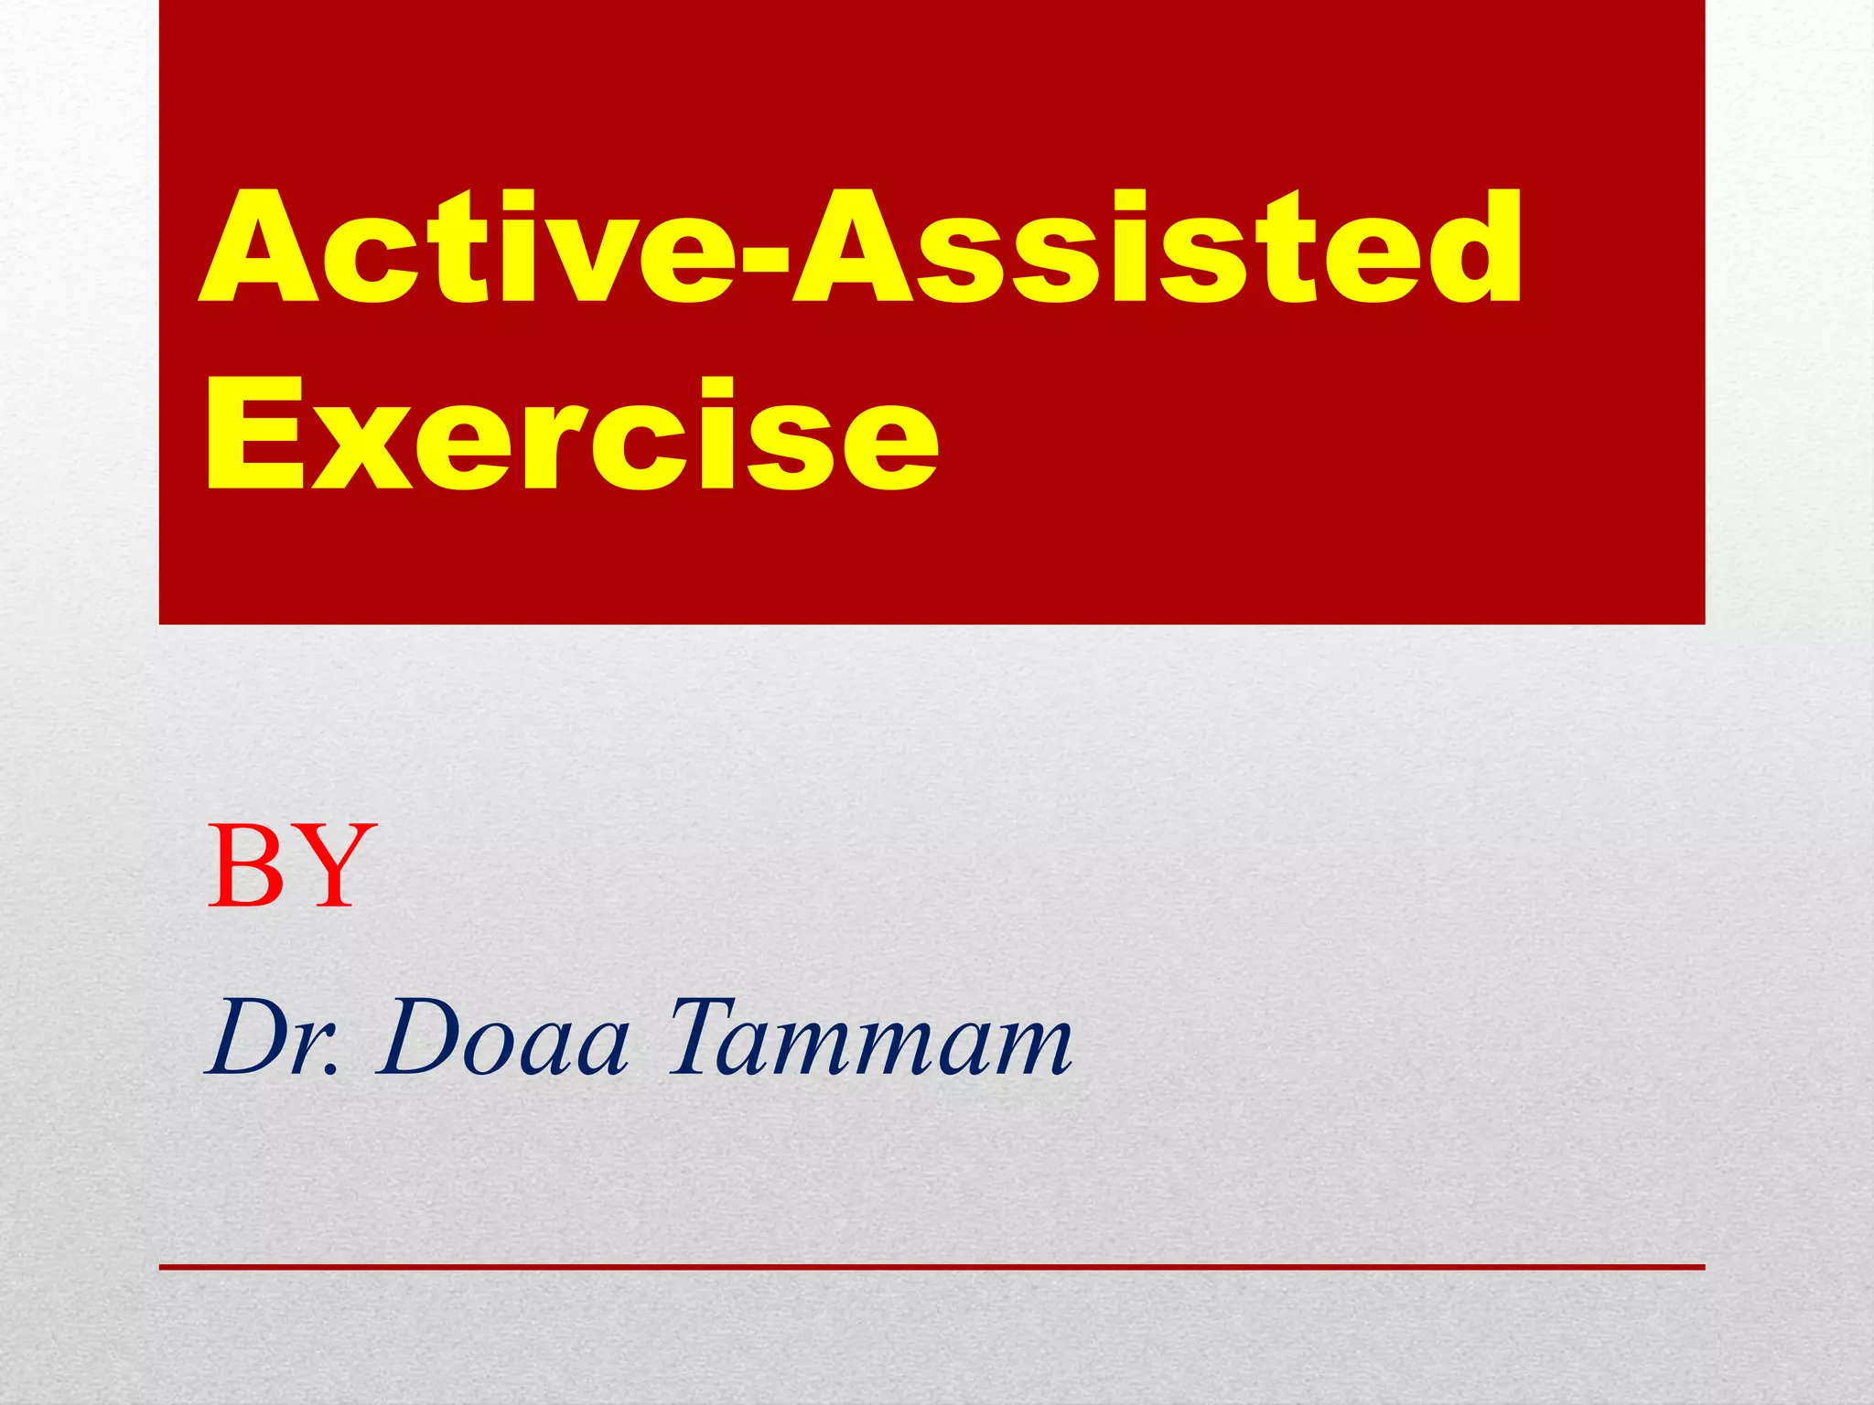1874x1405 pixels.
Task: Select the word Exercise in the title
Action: point(572,434)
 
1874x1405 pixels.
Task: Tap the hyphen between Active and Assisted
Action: point(761,265)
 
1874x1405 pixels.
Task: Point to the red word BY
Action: point(291,866)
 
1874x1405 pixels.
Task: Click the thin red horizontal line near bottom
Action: point(932,1267)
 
